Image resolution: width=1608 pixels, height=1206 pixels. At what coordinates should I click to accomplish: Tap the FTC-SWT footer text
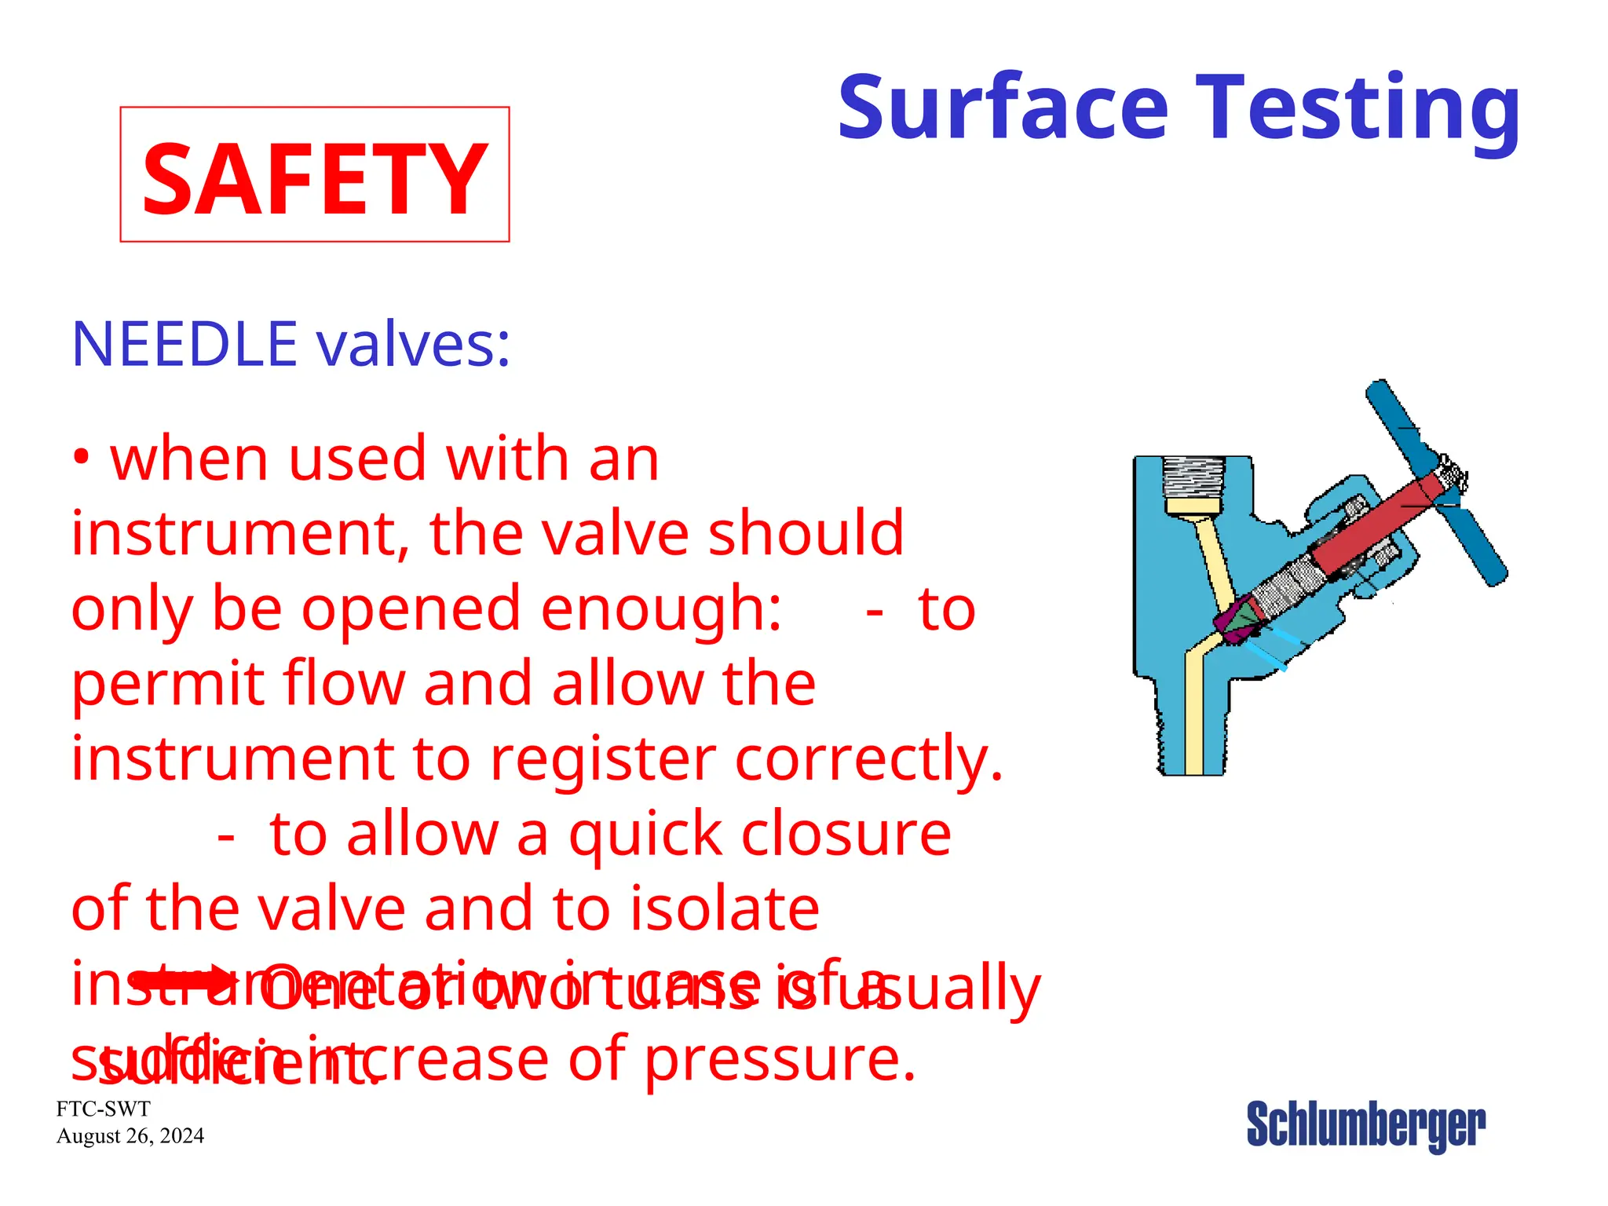[x=103, y=1109]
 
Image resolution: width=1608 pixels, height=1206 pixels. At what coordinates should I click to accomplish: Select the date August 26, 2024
[x=130, y=1136]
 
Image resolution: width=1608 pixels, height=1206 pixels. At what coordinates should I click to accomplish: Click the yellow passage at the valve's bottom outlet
[x=1194, y=730]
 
